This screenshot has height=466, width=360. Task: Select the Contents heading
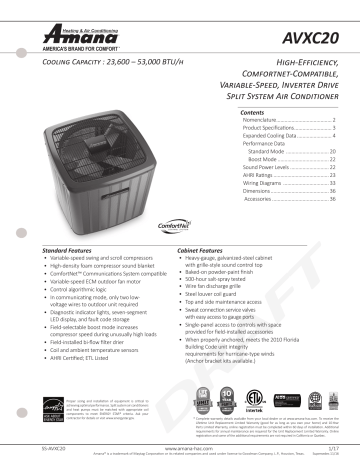point(256,115)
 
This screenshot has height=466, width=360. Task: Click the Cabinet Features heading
point(204,248)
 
